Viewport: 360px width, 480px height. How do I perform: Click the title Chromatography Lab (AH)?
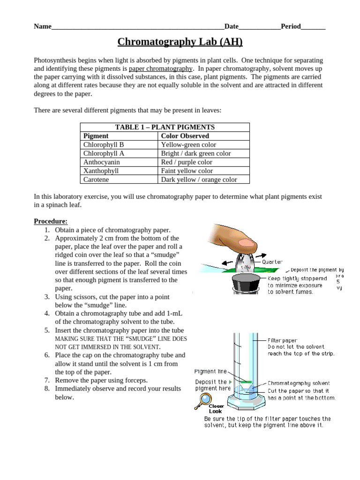tap(180, 42)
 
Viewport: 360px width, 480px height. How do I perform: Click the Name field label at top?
tap(42, 27)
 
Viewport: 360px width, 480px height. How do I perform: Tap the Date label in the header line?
tap(232, 27)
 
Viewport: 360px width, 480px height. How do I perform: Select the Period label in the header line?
tap(291, 27)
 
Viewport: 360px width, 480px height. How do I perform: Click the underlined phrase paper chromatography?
tap(160, 69)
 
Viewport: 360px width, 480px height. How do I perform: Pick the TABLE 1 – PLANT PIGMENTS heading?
tap(165, 127)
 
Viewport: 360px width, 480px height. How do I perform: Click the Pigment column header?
tap(96, 136)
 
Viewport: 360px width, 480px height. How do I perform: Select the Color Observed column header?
tap(185, 136)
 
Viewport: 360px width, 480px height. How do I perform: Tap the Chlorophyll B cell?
tap(104, 145)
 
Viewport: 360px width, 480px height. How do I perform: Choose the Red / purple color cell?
tap(186, 162)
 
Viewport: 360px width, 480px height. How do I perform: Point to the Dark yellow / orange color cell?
tap(199, 180)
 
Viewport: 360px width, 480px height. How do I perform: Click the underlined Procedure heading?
tap(51, 221)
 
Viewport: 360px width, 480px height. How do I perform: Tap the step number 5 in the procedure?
tap(47, 330)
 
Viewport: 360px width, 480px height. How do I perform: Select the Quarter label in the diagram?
tap(272, 262)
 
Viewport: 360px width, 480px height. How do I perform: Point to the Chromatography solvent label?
tap(298, 383)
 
